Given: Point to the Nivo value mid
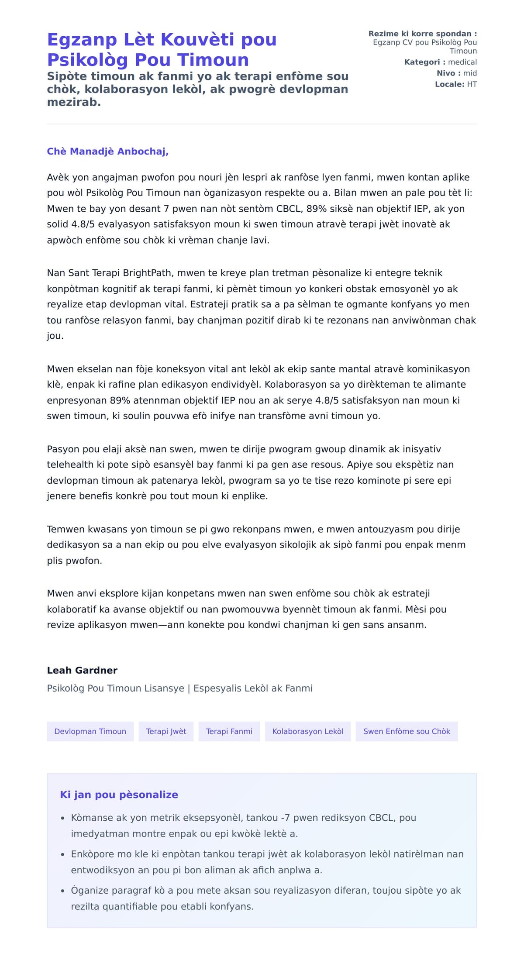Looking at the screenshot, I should (470, 73).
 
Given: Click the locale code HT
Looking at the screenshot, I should (472, 84).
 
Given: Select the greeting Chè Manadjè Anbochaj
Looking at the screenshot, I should (107, 151).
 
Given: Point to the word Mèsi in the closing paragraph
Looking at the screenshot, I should (418, 609).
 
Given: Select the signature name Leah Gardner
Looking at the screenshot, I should (82, 670).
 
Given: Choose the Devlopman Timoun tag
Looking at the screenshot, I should (90, 731).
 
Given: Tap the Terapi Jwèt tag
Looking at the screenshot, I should (166, 731).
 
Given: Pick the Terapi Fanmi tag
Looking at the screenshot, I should (229, 731).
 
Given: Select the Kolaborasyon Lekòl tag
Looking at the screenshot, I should (308, 731).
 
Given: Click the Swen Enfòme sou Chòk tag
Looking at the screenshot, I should (407, 731).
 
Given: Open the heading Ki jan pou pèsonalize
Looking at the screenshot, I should (119, 795).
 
